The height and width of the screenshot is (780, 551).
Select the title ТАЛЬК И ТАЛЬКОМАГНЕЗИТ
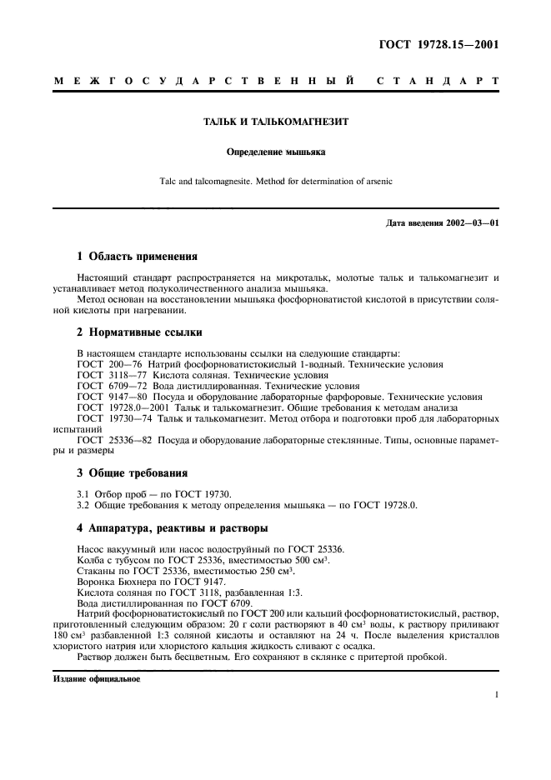[276, 122]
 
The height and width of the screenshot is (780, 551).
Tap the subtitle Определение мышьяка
[275, 152]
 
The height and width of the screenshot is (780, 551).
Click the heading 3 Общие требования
[132, 472]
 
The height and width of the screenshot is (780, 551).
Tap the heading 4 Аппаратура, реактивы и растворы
[176, 528]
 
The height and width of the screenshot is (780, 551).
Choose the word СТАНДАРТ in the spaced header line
[437, 82]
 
